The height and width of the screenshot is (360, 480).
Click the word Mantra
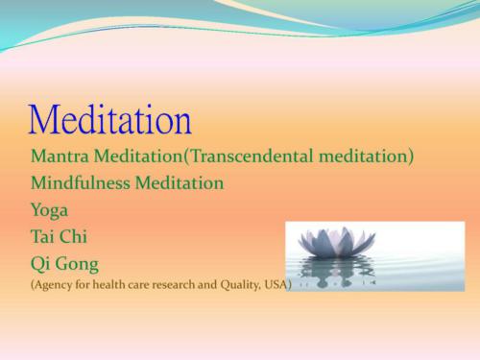tap(60, 156)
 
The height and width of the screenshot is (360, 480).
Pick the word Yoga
tap(49, 208)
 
